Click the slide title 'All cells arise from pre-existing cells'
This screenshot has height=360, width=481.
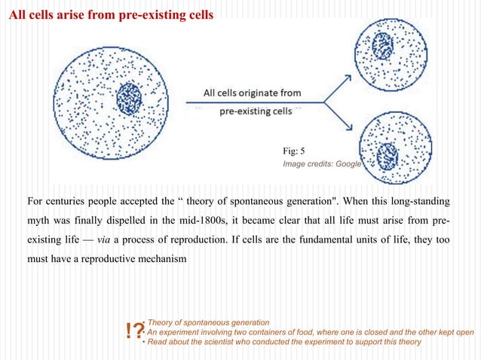pyautogui.click(x=110, y=16)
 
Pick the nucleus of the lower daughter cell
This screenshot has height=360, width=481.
pyautogui.click(x=388, y=156)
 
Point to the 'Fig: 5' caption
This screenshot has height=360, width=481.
pyautogui.click(x=293, y=151)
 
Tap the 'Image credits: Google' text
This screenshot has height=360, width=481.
pyautogui.click(x=322, y=163)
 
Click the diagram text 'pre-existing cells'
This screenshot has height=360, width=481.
pyautogui.click(x=255, y=111)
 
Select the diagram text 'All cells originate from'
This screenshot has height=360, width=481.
pyautogui.click(x=253, y=93)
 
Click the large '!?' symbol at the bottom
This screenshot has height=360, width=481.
pyautogui.click(x=136, y=331)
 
